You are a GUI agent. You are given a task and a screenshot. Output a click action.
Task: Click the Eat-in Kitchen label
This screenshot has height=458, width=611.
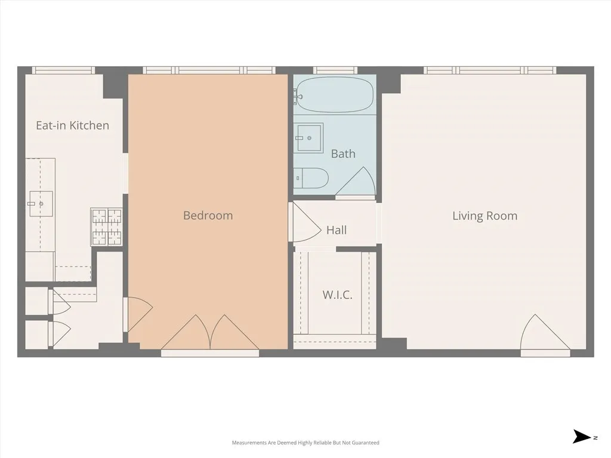click(72, 125)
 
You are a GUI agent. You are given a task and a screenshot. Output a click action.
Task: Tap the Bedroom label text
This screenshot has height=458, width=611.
click(208, 215)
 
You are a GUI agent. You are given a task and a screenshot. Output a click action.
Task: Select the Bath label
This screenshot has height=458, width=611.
click(343, 154)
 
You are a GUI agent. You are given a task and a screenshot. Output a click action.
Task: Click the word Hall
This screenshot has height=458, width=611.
click(337, 230)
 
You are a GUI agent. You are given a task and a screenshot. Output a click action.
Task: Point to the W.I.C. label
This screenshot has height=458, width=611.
click(337, 295)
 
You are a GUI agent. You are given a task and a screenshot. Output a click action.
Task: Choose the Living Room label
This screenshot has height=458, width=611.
click(485, 216)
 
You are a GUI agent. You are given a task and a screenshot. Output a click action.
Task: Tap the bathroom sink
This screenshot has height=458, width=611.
click(308, 138)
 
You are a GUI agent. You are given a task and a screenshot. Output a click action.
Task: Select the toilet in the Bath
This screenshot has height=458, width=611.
click(311, 178)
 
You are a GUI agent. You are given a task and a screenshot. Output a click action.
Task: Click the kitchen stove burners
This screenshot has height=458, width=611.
click(106, 227)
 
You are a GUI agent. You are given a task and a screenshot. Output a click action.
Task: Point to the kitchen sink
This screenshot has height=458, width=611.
click(40, 204)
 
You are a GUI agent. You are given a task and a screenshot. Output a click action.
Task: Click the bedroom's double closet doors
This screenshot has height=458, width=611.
click(210, 334)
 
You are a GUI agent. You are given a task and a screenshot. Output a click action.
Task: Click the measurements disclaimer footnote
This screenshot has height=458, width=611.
click(305, 442)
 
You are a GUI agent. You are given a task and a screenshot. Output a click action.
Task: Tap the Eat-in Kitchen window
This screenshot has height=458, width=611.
click(63, 70)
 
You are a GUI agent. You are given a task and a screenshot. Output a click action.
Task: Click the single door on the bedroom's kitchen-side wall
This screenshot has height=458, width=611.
click(137, 314)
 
